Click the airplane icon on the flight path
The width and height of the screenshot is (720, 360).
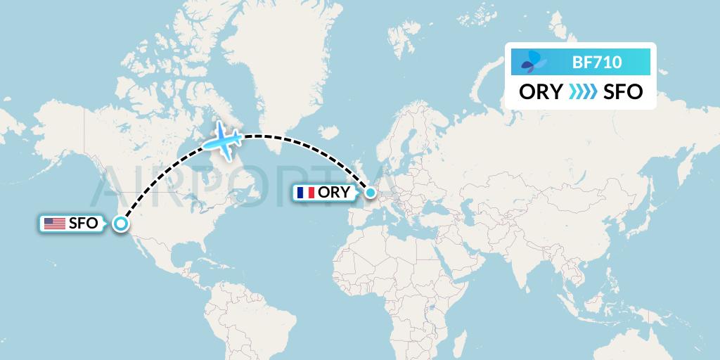pyautogui.click(x=223, y=140)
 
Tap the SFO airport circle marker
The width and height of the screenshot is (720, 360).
pyautogui.click(x=121, y=224)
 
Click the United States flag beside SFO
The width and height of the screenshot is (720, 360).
pyautogui.click(x=54, y=224)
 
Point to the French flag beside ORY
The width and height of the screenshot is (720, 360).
pyautogui.click(x=305, y=192)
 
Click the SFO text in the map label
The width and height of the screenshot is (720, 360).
pyautogui.click(x=83, y=224)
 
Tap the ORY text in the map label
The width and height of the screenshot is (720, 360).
pyautogui.click(x=334, y=192)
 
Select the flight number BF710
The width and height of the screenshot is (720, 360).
pyautogui.click(x=597, y=62)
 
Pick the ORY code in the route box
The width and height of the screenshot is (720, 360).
pyautogui.click(x=541, y=92)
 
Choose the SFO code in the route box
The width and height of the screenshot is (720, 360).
pyautogui.click(x=623, y=92)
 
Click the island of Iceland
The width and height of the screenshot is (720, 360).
pyautogui.click(x=325, y=131)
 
